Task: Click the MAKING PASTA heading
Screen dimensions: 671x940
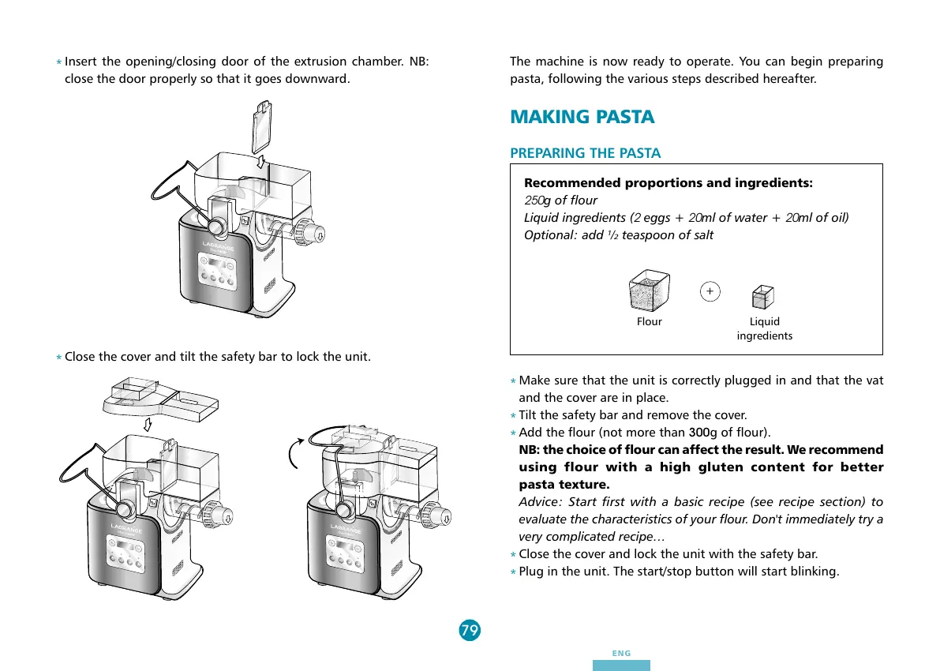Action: coord(582,117)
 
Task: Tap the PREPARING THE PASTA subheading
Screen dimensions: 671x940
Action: coord(585,153)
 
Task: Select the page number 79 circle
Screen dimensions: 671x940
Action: coord(469,630)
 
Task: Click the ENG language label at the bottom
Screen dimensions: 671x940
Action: coord(621,654)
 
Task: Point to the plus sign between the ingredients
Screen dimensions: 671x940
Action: coord(710,291)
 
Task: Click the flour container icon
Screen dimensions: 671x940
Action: coord(649,292)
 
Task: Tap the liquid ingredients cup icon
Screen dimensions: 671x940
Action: coord(763,297)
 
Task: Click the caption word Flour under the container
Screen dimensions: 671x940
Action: coord(650,322)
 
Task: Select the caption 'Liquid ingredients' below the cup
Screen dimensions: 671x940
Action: coord(764,328)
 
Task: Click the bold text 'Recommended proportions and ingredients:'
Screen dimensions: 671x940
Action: coord(668,183)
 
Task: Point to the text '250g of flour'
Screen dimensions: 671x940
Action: coord(560,201)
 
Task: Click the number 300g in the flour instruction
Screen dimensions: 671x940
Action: coord(702,433)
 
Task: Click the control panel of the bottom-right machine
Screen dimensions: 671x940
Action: coord(343,547)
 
